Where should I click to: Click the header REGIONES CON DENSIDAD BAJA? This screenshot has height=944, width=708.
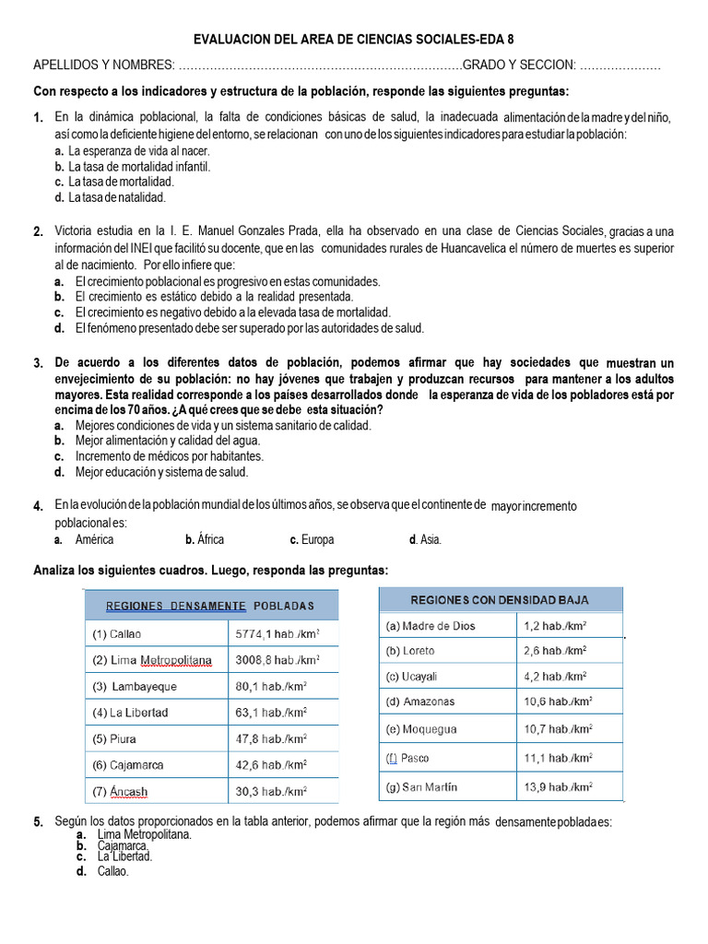[500, 600]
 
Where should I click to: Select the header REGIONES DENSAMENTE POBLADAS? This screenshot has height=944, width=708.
[210, 606]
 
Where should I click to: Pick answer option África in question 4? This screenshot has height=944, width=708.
[205, 539]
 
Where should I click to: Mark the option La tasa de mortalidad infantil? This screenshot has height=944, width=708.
[138, 167]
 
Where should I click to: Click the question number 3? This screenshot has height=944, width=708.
[38, 363]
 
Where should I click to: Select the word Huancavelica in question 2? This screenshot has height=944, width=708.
[473, 248]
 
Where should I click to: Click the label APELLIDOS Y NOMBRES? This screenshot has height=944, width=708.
[102, 65]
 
